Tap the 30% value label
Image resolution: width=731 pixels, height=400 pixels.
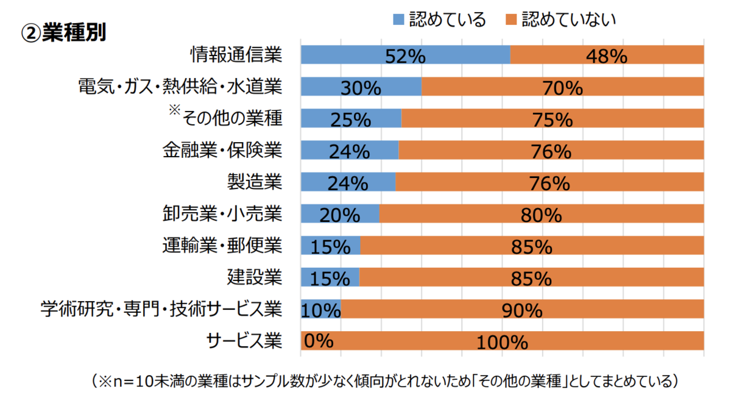361,88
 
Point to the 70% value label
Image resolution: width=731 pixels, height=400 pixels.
563,88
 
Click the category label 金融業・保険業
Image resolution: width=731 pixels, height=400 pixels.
222,149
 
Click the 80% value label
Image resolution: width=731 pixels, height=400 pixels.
540,215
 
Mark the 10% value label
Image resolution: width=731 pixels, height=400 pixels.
320,310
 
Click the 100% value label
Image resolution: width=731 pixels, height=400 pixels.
502,342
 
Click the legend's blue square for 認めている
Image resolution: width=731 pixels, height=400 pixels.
399,20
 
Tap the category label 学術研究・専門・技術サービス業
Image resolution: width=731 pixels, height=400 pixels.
161,309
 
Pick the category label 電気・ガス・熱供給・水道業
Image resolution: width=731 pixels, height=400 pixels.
180,87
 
